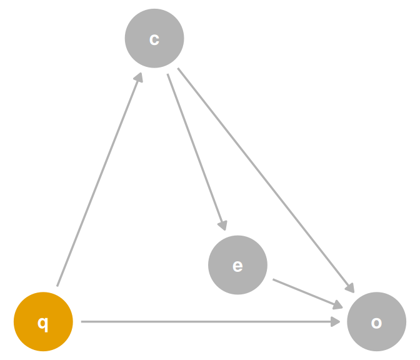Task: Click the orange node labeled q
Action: (43, 321)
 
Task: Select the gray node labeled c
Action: (154, 38)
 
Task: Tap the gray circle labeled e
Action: (237, 265)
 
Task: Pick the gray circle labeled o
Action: (376, 321)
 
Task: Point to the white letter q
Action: (43, 324)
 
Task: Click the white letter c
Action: (154, 39)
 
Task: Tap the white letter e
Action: (237, 266)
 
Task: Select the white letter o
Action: (376, 322)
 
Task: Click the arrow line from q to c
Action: (99, 179)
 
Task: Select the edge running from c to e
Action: (197, 152)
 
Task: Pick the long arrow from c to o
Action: (266, 181)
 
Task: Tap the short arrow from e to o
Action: (307, 294)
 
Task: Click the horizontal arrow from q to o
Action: (211, 321)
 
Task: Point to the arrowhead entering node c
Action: (139, 77)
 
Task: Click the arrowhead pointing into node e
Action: (223, 226)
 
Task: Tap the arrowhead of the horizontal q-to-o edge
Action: (336, 321)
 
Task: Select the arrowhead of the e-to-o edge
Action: (337, 305)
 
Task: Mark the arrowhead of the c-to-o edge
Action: (350, 287)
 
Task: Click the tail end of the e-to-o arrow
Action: (273, 279)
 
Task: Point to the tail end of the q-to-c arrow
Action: (57, 286)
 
